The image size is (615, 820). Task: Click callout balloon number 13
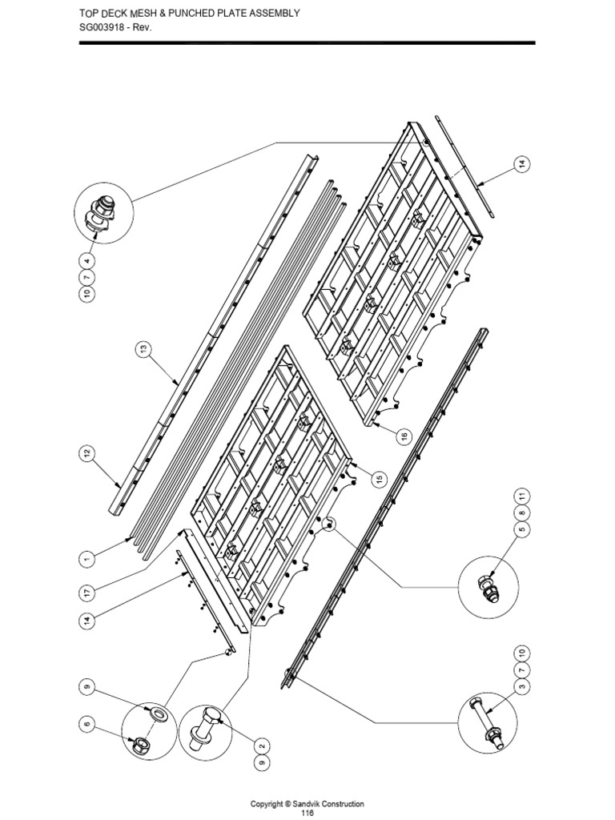[x=142, y=350]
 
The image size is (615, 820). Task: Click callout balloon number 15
[x=378, y=478]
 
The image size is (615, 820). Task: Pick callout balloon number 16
[x=404, y=436]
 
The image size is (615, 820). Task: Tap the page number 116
[x=307, y=813]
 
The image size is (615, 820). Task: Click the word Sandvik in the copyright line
[x=304, y=803]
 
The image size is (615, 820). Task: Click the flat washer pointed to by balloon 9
[x=158, y=712]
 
